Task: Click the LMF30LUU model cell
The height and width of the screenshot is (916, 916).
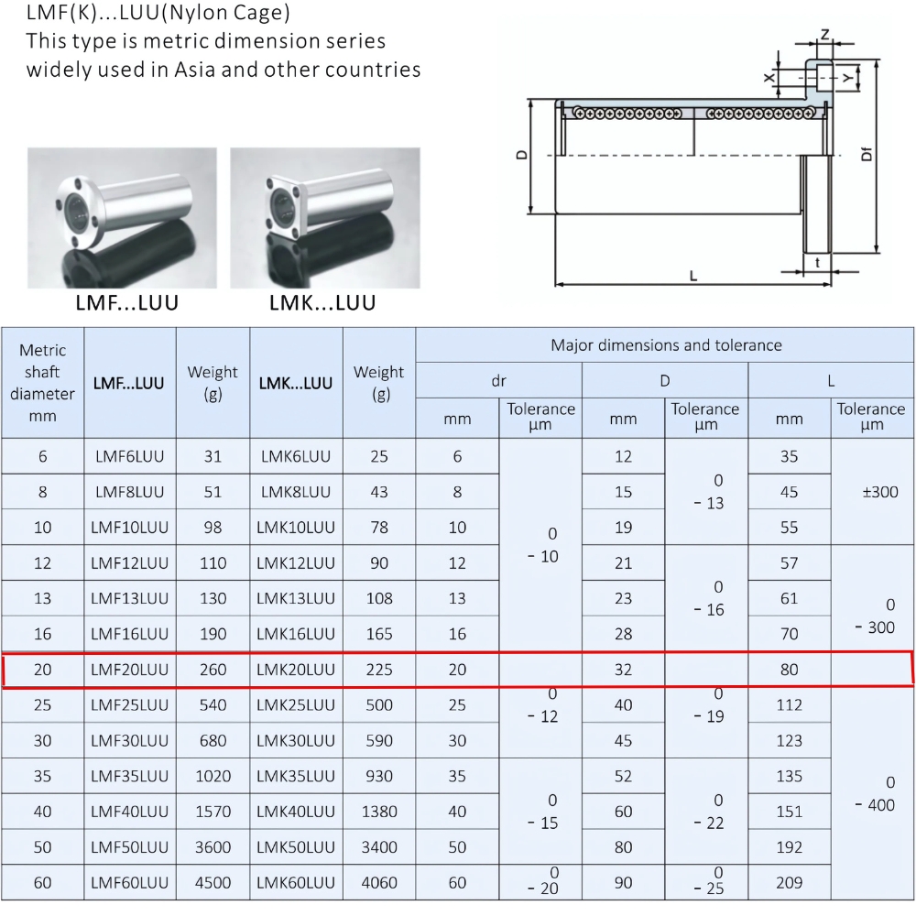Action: [x=129, y=740]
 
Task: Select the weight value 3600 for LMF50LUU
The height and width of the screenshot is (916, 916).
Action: [x=213, y=847]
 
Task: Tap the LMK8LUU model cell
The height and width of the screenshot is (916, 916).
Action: [x=296, y=492]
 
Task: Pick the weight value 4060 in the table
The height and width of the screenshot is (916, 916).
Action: [x=379, y=883]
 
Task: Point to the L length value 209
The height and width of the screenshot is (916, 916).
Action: [x=789, y=883]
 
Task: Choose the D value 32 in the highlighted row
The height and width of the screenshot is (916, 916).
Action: [x=623, y=670]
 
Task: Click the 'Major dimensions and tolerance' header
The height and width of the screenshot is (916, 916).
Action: [x=665, y=345]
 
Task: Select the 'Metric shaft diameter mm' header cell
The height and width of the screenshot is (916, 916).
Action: [x=43, y=383]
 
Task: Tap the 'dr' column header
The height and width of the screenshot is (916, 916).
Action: [x=498, y=380]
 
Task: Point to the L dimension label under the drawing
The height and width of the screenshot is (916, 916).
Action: [x=693, y=275]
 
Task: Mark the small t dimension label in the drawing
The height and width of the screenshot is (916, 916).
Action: [x=817, y=262]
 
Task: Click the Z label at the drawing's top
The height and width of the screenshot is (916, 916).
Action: [x=825, y=35]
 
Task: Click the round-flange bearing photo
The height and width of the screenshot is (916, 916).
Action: [x=122, y=218]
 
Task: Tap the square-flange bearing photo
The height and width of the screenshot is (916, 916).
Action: [x=324, y=218]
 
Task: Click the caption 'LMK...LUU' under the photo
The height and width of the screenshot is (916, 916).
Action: [x=322, y=303]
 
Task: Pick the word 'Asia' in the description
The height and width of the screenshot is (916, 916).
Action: [x=194, y=70]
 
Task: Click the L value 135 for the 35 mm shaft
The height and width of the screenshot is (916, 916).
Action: [x=789, y=776]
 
